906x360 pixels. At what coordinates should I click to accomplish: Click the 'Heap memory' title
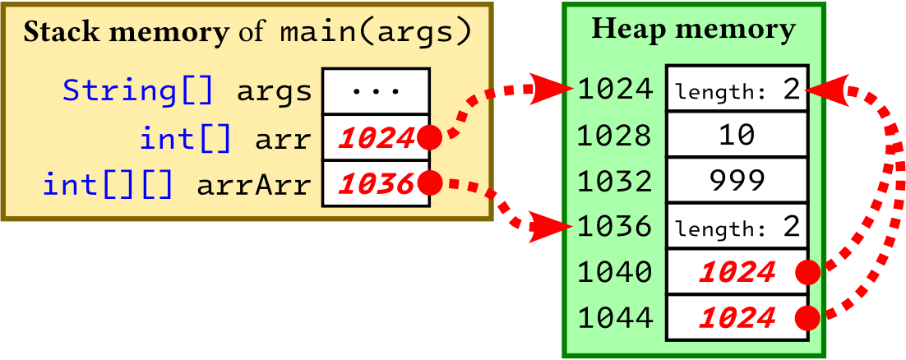(x=693, y=30)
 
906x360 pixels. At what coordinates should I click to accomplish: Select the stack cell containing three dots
(x=376, y=91)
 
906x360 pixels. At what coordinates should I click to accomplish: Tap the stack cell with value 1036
(x=376, y=184)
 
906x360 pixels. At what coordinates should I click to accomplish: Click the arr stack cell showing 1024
(x=376, y=138)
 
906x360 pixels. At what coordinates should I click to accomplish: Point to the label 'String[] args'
(x=188, y=91)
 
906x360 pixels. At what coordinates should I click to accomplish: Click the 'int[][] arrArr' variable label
(x=178, y=185)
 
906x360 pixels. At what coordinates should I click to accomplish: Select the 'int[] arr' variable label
(x=226, y=138)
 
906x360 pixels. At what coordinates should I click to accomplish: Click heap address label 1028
(x=615, y=135)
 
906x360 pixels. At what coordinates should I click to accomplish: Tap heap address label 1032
(x=615, y=180)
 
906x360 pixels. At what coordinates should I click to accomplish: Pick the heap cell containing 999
(x=736, y=180)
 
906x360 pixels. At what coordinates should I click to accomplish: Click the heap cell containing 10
(x=736, y=135)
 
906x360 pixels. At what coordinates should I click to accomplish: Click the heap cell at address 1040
(x=736, y=271)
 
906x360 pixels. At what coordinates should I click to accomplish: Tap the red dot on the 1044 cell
(x=809, y=316)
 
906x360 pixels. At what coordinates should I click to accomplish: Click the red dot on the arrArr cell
(x=428, y=183)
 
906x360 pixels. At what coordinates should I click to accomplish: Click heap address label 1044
(x=615, y=316)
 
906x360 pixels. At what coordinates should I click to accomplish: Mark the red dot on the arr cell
(x=428, y=138)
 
